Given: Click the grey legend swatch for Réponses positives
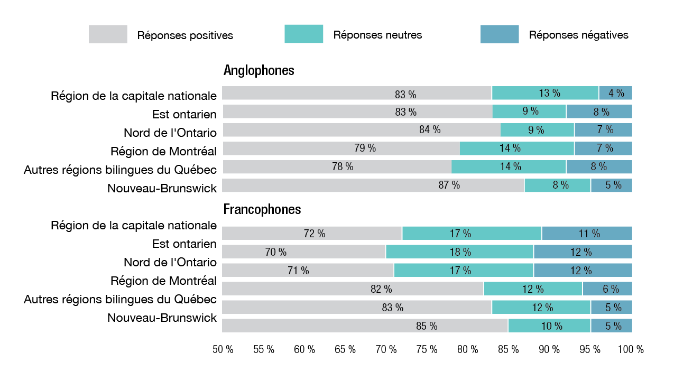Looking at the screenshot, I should (108, 34).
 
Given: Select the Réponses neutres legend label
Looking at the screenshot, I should (377, 35).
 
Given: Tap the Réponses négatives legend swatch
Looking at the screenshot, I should (499, 34).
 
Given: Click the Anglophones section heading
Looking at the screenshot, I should (258, 70).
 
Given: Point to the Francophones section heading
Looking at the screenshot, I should (262, 209).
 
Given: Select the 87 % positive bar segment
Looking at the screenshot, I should (373, 185).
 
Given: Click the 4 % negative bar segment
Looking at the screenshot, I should (615, 93).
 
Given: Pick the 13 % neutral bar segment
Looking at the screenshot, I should (545, 93).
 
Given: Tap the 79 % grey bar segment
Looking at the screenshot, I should (340, 148).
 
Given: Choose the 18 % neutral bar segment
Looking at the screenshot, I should (459, 252).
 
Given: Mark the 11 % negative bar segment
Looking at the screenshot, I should (587, 234).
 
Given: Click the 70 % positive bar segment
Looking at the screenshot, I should (303, 252).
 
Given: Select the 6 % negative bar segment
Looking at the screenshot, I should (607, 289).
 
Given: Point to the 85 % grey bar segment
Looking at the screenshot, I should (365, 326).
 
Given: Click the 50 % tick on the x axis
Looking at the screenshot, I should (223, 349).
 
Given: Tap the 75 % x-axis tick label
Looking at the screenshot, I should (427, 349).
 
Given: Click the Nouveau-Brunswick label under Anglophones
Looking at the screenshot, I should (162, 188).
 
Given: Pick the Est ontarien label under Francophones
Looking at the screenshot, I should (184, 244).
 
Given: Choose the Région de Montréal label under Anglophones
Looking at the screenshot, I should (163, 151).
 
